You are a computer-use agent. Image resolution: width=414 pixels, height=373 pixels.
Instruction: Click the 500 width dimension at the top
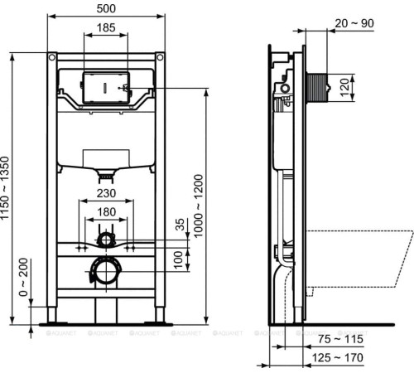(105, 7)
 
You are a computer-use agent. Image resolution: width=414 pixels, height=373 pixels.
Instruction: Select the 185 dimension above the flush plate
(105, 27)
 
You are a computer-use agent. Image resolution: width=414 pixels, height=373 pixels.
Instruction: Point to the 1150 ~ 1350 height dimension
(7, 189)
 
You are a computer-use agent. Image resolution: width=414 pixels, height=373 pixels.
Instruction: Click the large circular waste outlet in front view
(104, 270)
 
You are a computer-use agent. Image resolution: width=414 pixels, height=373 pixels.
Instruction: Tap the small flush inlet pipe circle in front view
(105, 240)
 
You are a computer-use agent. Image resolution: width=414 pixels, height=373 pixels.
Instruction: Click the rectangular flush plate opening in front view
(104, 86)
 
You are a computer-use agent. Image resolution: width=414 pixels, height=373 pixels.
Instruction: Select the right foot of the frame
(156, 319)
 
